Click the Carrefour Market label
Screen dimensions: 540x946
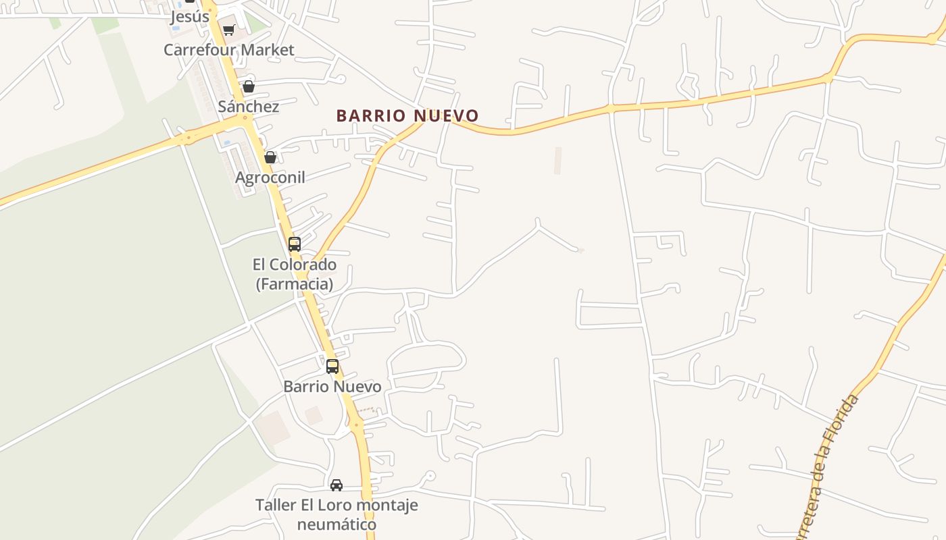229,50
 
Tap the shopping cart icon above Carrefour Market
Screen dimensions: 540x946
229,30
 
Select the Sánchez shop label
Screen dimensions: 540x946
248,107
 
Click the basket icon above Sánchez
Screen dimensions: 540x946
249,86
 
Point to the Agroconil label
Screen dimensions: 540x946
270,178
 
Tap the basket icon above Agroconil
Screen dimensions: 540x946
270,157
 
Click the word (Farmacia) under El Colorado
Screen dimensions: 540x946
295,284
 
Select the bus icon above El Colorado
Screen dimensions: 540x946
295,244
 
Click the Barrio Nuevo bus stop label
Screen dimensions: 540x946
332,387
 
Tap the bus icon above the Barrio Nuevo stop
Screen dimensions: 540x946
332,367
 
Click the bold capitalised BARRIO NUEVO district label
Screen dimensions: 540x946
407,116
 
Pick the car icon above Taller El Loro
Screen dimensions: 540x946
337,485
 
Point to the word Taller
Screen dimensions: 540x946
276,505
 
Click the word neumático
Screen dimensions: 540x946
337,524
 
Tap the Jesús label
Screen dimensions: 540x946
189,17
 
